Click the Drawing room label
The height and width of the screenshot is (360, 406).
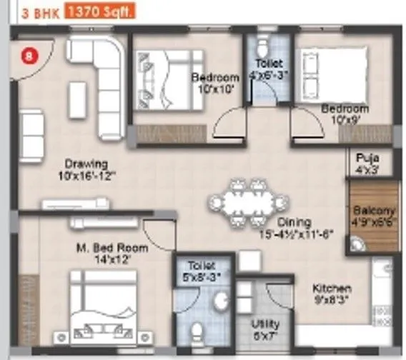pyautogui.click(x=85, y=163)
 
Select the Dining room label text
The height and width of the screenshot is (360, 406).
pyautogui.click(x=294, y=222)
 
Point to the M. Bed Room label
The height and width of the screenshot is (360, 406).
pyautogui.click(x=112, y=248)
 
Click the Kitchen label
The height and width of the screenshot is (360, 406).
pyautogui.click(x=331, y=288)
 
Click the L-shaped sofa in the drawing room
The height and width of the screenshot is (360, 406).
pyautogui.click(x=101, y=78)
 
